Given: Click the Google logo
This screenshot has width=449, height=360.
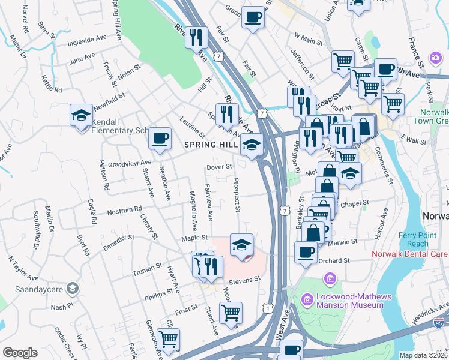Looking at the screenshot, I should click(20, 353).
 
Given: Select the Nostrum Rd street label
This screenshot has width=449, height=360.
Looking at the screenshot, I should click(123, 212).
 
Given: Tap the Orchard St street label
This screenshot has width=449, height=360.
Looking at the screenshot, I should click(334, 260).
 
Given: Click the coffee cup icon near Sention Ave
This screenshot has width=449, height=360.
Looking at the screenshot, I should click(160, 139).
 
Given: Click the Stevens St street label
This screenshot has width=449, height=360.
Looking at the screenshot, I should click(244, 279).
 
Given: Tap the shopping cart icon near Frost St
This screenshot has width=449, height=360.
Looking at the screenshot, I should click(231, 313).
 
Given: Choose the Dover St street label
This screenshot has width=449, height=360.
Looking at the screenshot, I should click(218, 167).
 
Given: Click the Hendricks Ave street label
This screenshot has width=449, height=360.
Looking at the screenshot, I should click(427, 311).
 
